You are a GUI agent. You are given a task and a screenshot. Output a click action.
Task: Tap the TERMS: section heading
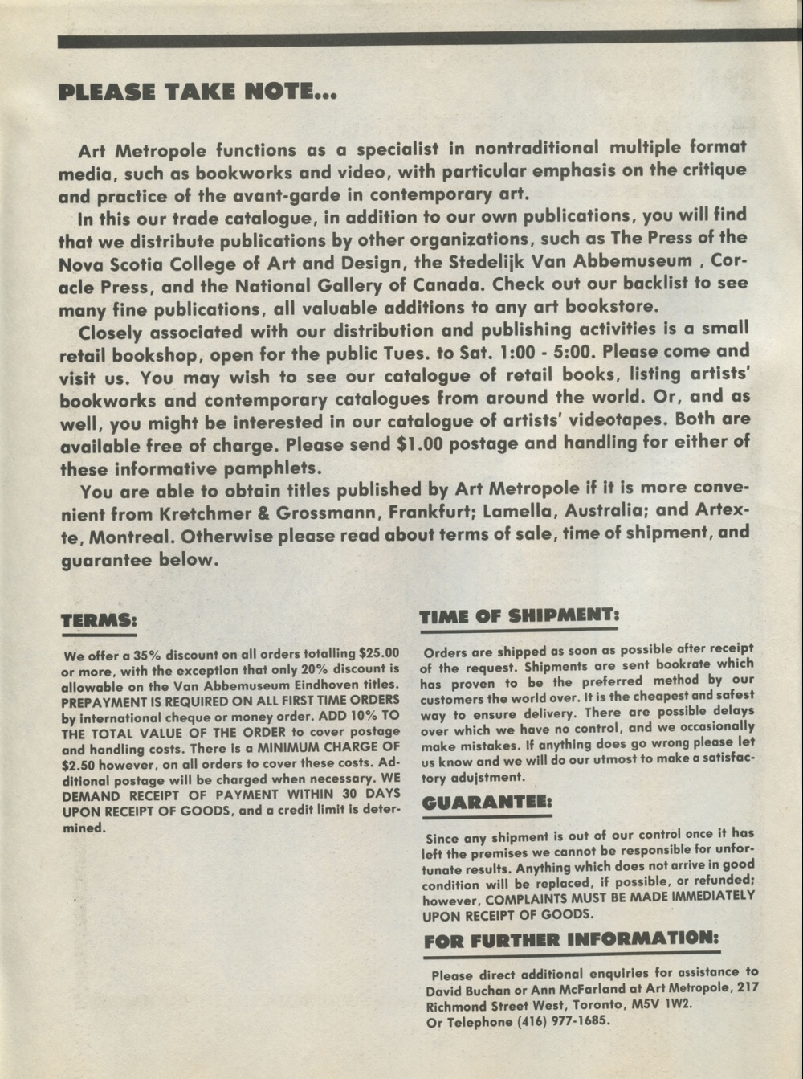coord(99,619)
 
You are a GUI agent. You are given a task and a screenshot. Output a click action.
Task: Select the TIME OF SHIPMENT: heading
coord(520,615)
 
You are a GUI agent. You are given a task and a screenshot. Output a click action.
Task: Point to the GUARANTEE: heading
coord(487,802)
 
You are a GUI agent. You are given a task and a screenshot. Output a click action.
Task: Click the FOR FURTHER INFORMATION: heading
coord(571,938)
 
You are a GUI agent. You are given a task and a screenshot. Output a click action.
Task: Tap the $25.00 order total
coord(379,653)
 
